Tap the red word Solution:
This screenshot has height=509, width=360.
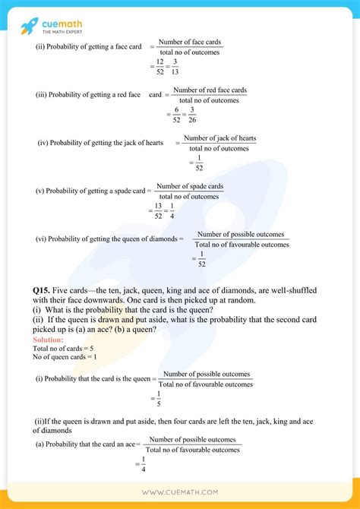coord(47,340)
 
